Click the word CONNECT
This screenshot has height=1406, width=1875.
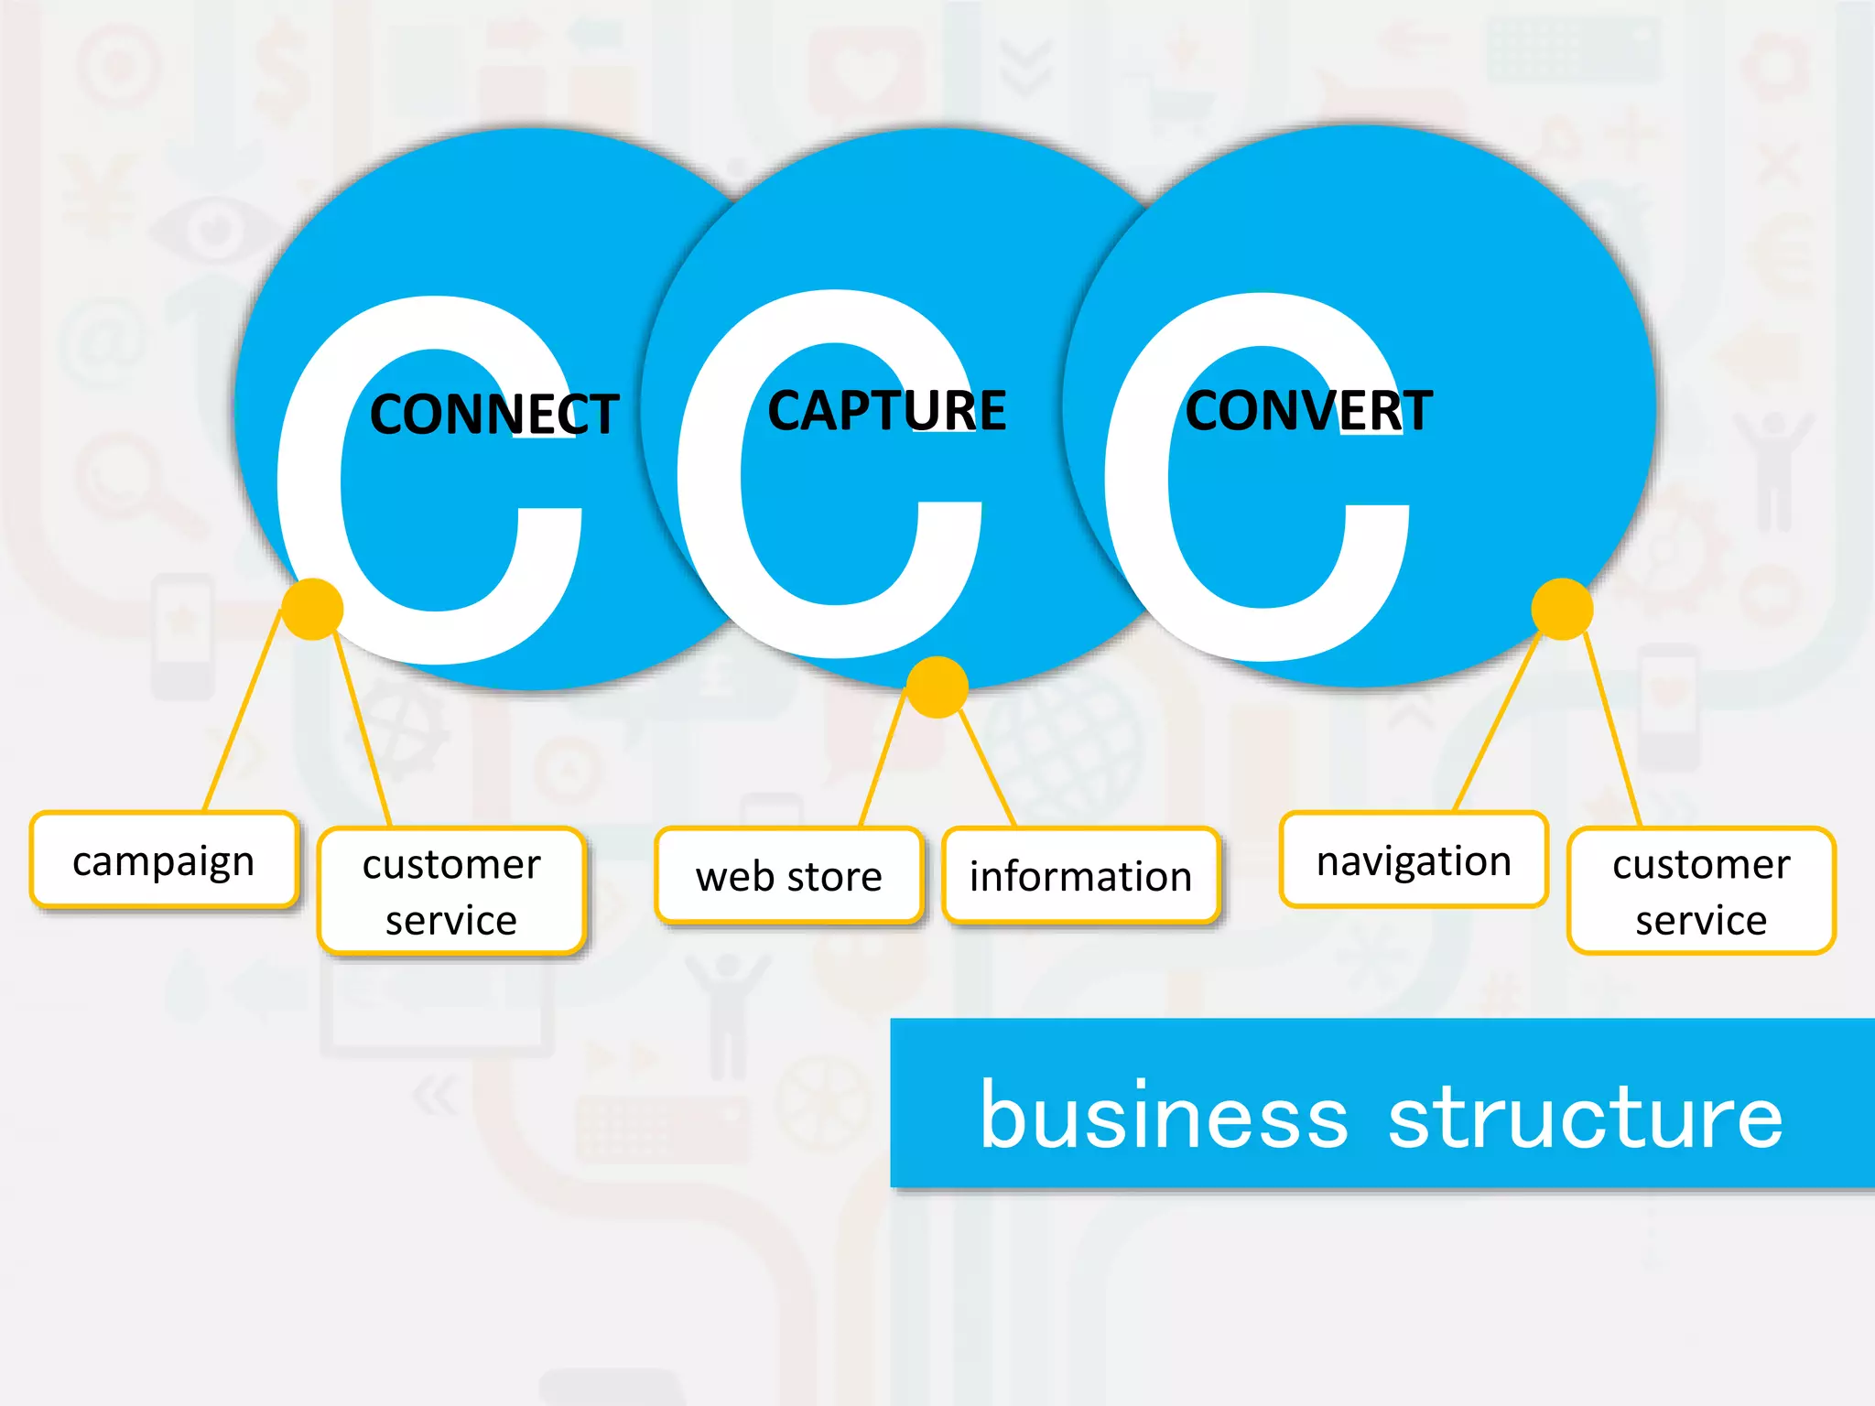tap(494, 414)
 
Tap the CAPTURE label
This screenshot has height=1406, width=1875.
tap(886, 410)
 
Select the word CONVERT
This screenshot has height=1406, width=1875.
tap(1308, 410)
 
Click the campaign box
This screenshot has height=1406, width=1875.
tap(164, 860)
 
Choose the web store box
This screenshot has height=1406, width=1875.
tap(788, 876)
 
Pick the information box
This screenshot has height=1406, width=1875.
tap(1080, 876)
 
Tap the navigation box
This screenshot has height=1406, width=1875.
tap(1414, 860)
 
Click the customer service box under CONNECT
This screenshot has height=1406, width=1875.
tap(451, 891)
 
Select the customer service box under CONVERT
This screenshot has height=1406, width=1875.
tap(1701, 891)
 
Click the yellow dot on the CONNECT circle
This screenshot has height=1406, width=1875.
tap(312, 609)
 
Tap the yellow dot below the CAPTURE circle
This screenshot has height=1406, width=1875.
tap(937, 687)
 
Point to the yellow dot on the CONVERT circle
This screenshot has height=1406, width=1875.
tap(1562, 609)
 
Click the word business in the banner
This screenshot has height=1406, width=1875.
tap(1164, 1116)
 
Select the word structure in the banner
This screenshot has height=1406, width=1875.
tap(1585, 1116)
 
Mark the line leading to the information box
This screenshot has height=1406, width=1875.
tap(987, 769)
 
